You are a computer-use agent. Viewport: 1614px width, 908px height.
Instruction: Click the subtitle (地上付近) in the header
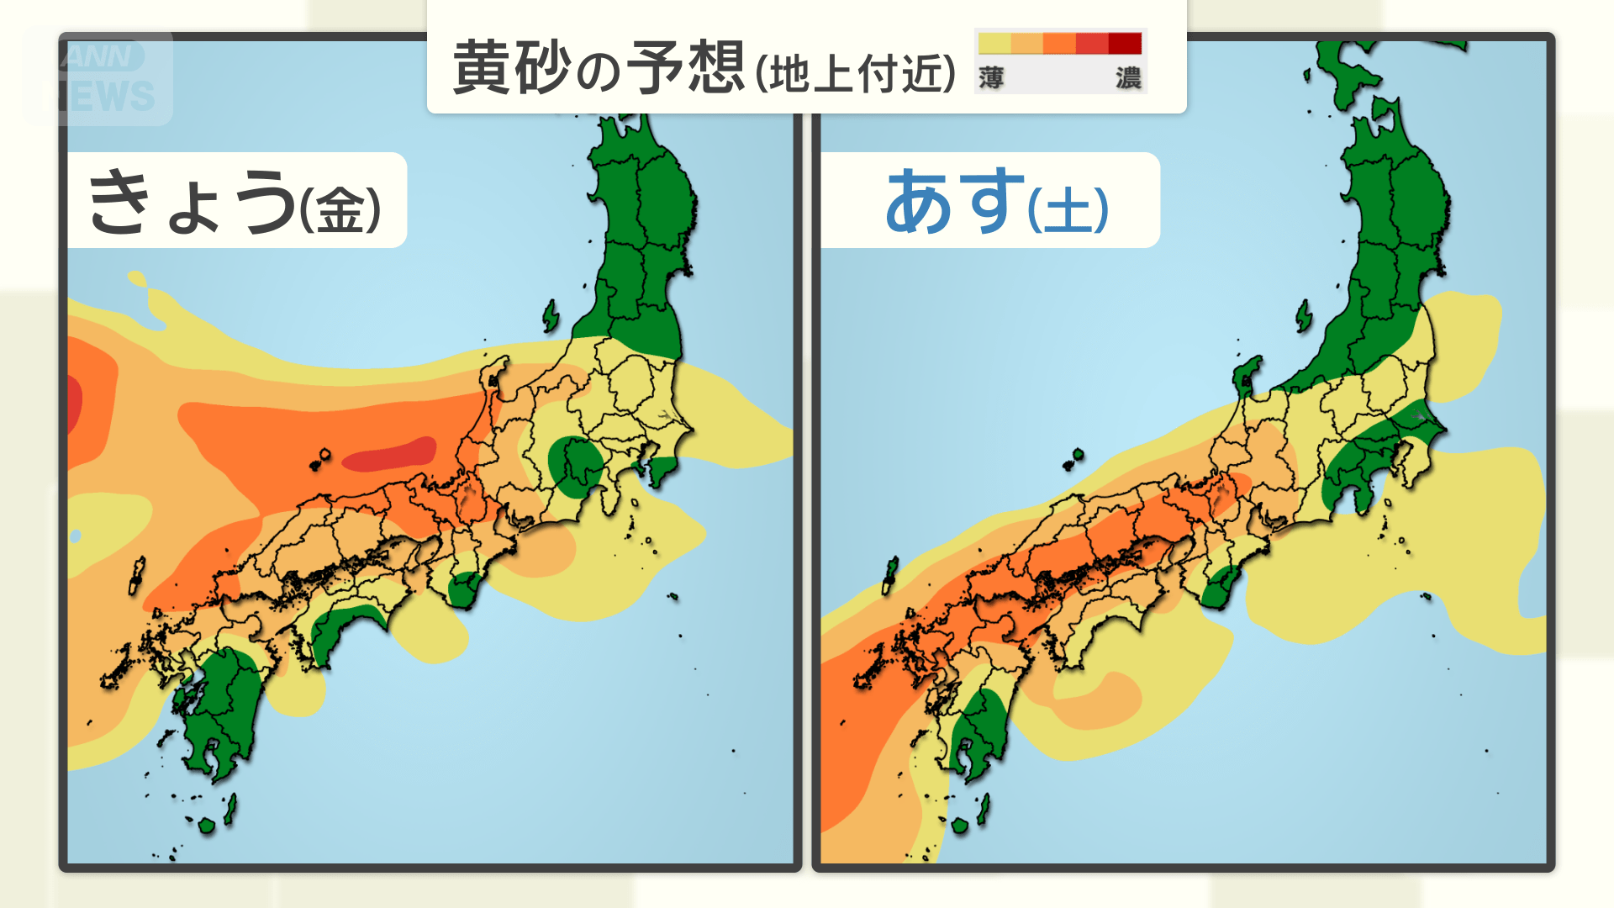point(855,73)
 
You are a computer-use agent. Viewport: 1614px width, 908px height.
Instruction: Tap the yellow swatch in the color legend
point(994,43)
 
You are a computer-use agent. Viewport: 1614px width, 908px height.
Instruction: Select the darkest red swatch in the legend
point(1125,43)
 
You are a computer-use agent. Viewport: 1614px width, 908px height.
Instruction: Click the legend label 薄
point(991,78)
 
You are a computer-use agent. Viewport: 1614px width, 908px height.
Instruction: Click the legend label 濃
point(1128,78)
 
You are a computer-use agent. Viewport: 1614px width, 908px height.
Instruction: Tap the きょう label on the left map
point(192,202)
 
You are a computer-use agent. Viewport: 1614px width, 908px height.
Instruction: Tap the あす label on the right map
point(954,202)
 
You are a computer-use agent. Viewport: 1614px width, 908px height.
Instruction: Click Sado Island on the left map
point(551,316)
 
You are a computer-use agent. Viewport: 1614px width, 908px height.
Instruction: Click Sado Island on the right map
point(1304,316)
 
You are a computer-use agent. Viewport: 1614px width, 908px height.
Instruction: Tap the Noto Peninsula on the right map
point(1246,374)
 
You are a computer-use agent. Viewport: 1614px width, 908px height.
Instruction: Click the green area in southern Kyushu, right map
point(979,727)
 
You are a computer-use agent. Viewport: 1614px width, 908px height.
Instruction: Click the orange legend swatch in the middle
point(1059,43)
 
